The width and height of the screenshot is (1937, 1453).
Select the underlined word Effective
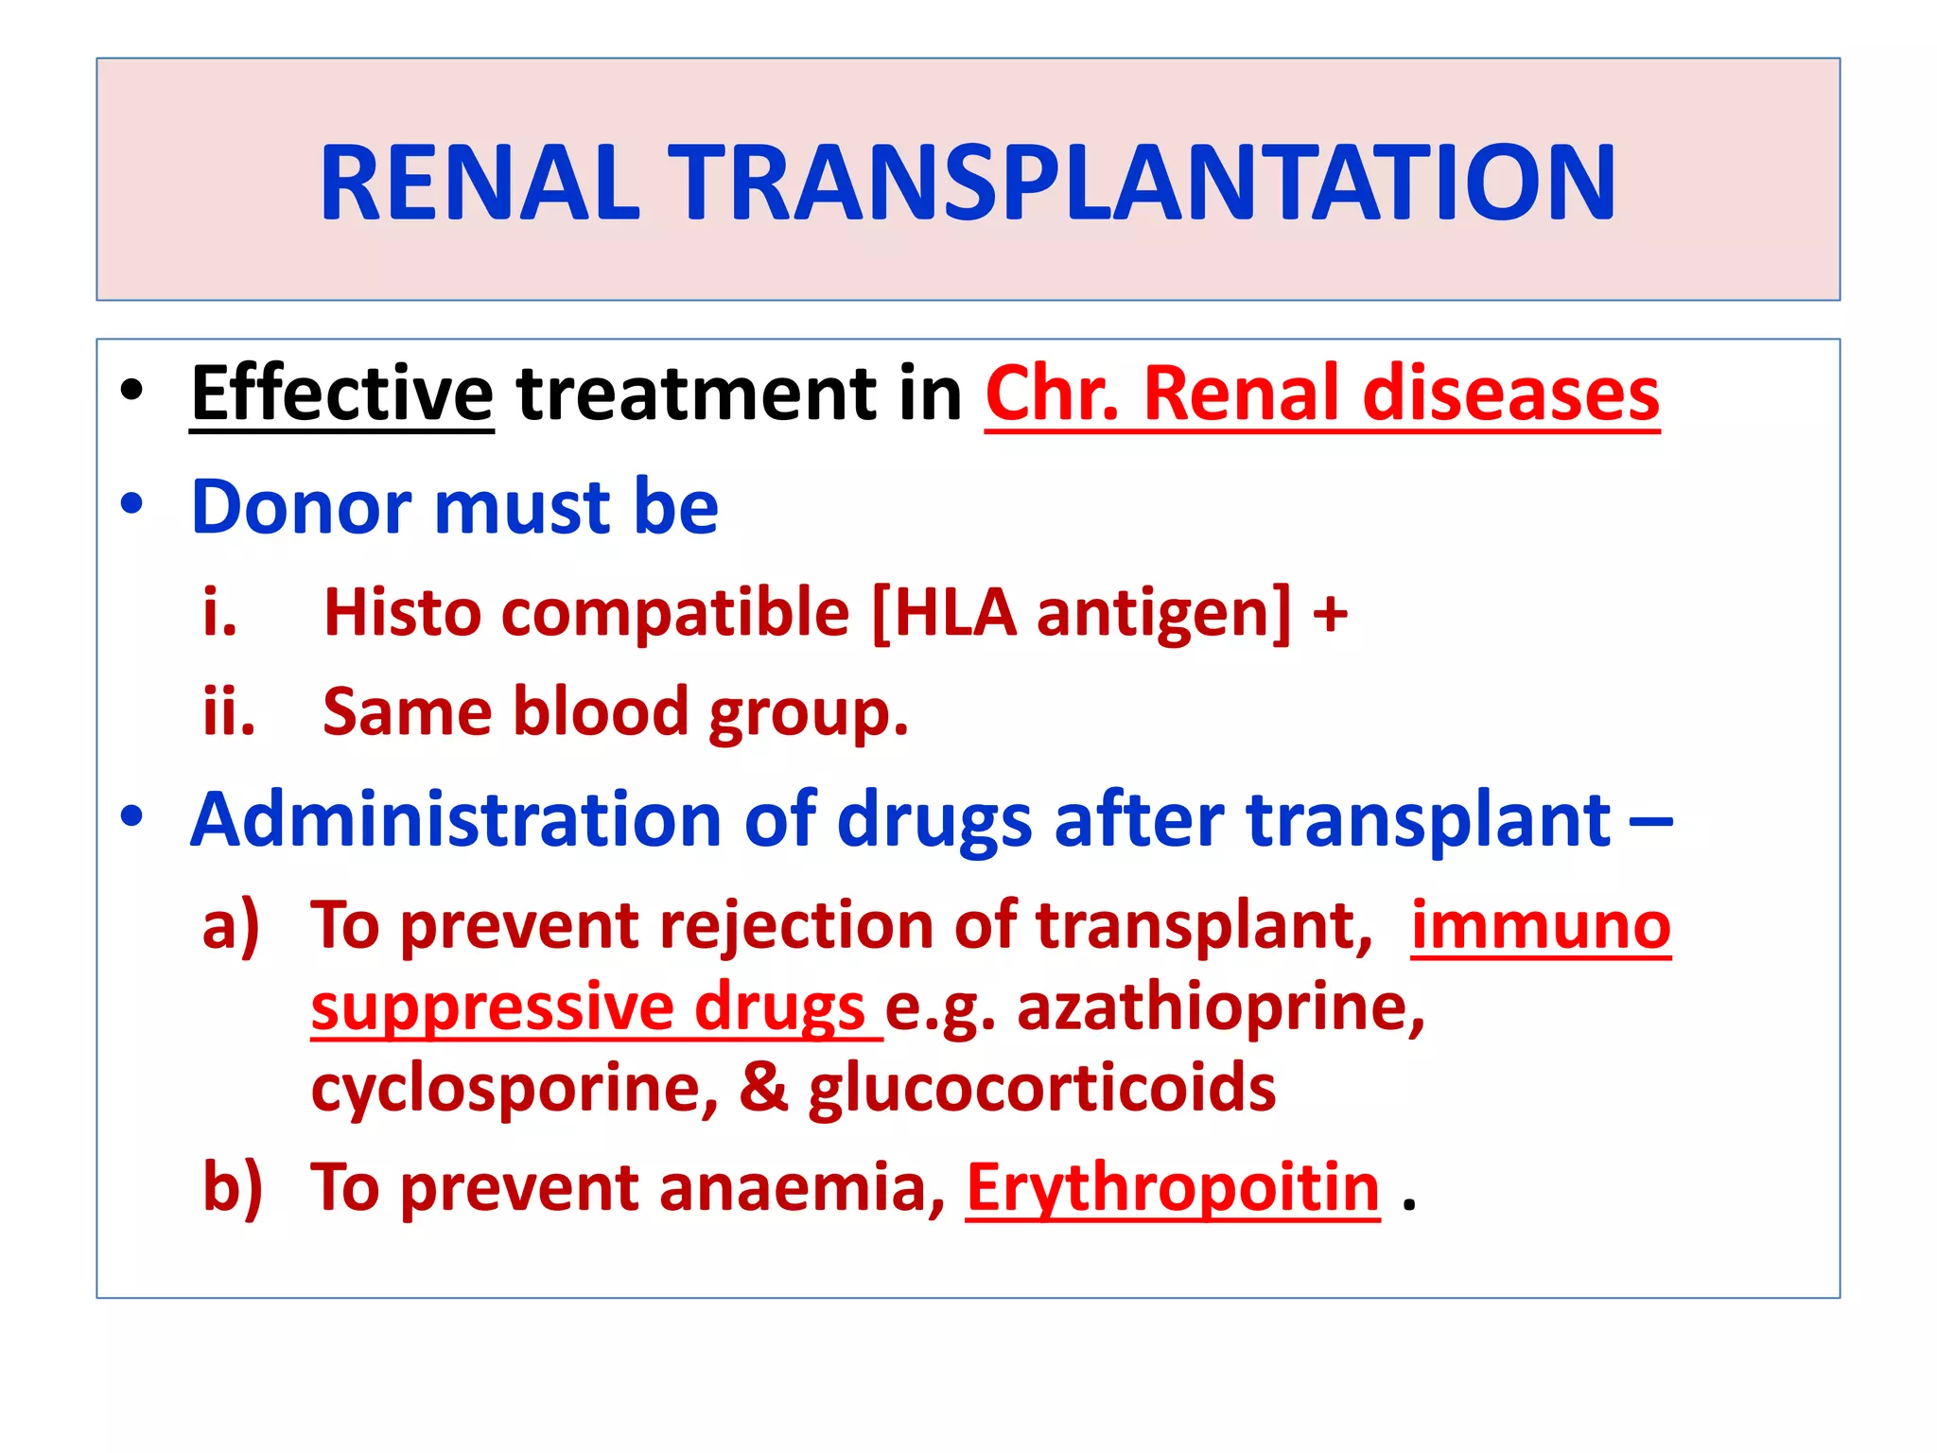point(341,394)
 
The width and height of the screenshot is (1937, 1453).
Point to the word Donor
point(301,507)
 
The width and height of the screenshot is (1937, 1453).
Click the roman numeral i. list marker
point(220,612)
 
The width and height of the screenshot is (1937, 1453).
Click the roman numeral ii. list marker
point(229,711)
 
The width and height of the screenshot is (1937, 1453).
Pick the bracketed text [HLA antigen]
point(1081,612)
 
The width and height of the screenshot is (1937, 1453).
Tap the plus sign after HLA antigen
point(1330,614)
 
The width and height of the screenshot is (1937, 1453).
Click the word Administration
point(456,819)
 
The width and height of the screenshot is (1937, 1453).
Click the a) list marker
point(231,925)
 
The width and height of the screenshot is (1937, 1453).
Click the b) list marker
point(233,1187)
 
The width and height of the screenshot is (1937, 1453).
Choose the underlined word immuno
point(1541,925)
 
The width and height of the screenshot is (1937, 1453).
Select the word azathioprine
point(1220,1008)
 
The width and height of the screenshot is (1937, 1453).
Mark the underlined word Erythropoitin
point(1173,1187)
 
